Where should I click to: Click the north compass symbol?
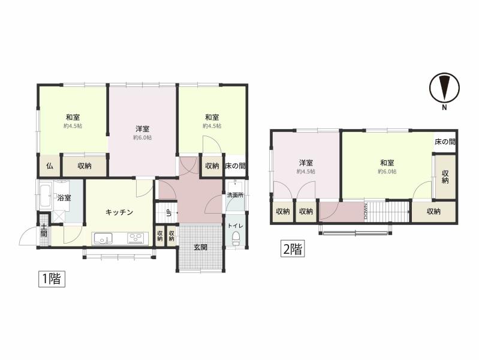(444, 88)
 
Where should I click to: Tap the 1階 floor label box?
(52, 278)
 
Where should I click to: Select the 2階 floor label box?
(293, 249)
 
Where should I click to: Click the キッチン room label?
(119, 212)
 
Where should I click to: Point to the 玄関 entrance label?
(200, 247)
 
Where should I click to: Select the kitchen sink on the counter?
(103, 238)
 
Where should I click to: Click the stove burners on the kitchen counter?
(135, 238)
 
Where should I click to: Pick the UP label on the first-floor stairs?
(168, 213)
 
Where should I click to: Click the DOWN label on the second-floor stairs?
(366, 211)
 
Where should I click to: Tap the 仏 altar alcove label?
(50, 166)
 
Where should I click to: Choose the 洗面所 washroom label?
(235, 195)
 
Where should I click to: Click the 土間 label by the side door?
(44, 230)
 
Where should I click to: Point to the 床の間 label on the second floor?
(445, 142)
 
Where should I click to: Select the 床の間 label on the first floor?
(235, 166)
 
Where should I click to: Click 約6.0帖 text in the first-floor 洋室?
(142, 137)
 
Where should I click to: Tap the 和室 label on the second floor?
(387, 163)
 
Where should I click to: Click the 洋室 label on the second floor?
(306, 163)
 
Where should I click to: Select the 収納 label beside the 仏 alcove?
(85, 166)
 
